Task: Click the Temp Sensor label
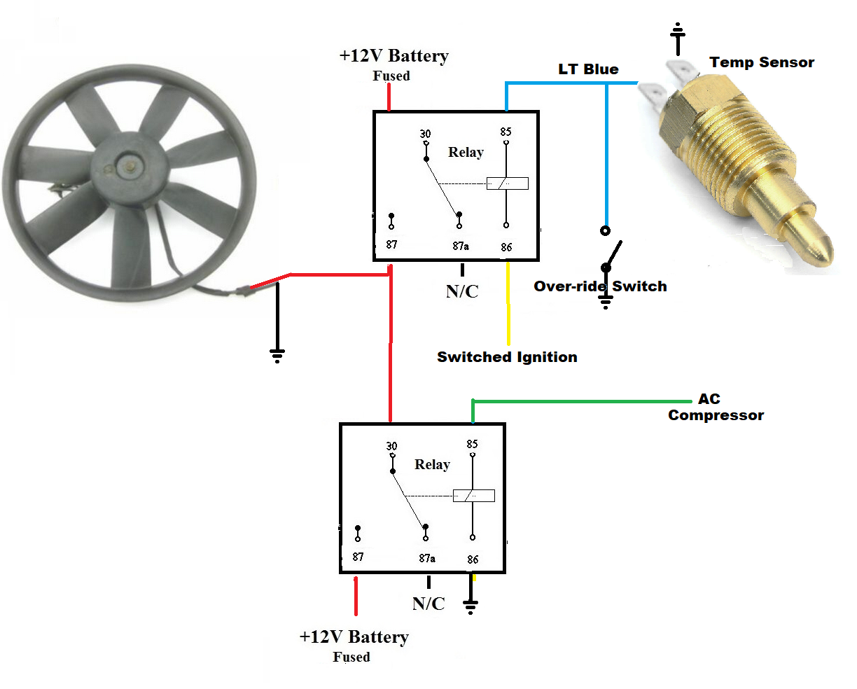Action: [x=762, y=62]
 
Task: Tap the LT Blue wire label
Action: [x=588, y=69]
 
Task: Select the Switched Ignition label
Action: [x=507, y=357]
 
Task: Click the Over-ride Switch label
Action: [x=600, y=286]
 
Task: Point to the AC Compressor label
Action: [x=716, y=407]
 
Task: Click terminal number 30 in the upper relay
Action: [x=426, y=134]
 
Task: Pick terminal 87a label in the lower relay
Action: [x=427, y=558]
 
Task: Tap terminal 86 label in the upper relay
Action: [x=506, y=247]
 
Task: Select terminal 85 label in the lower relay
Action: [x=473, y=444]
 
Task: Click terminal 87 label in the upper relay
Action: [x=391, y=244]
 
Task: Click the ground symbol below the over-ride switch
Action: [x=606, y=302]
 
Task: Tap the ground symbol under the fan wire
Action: [x=277, y=356]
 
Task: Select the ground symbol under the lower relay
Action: [x=471, y=606]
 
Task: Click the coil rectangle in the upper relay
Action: [x=508, y=183]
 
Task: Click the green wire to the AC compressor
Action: [x=581, y=402]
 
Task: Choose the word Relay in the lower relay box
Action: [x=432, y=464]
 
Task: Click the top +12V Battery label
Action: [x=393, y=56]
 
